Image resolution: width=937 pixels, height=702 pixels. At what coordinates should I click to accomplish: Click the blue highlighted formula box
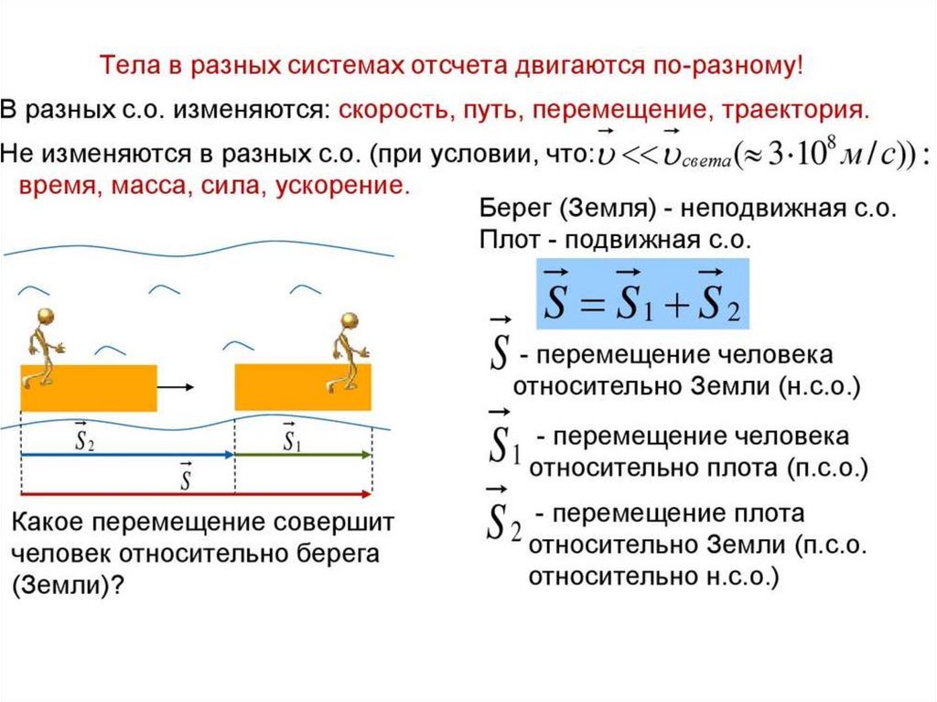coord(641,294)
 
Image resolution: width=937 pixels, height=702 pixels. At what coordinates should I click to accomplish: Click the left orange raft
coord(89,387)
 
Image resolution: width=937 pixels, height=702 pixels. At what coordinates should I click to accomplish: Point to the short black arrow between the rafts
coord(176,387)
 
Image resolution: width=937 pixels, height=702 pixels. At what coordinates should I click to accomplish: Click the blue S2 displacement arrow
coord(127,454)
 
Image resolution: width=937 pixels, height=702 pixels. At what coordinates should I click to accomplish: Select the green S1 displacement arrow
coord(304,454)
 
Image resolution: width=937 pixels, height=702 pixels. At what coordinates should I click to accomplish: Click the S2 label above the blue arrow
coord(84,439)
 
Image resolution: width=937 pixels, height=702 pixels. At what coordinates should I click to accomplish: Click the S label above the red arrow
coord(186,478)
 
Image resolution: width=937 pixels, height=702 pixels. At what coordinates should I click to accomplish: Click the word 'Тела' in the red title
coord(126,67)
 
